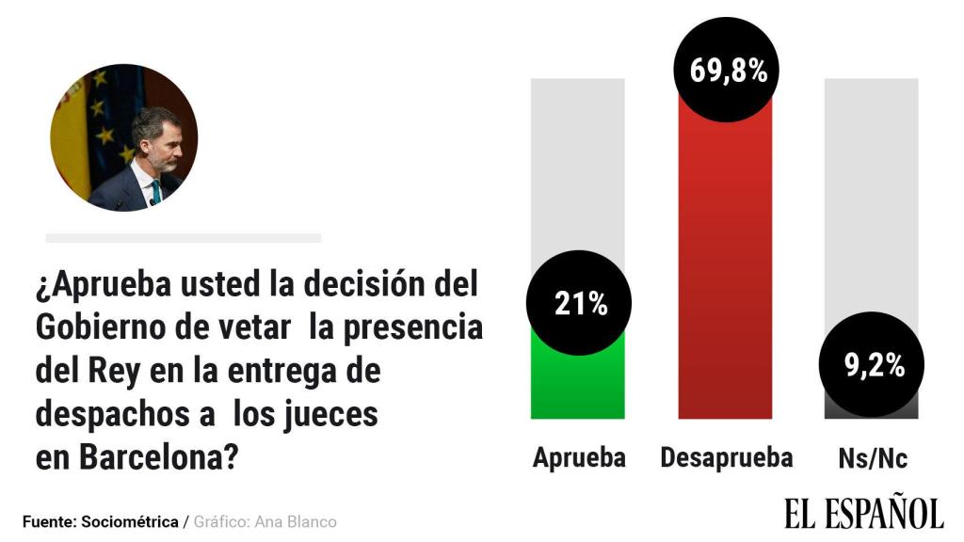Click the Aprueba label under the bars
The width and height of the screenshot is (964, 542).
click(x=579, y=458)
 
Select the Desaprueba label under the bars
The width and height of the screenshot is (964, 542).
click(x=726, y=458)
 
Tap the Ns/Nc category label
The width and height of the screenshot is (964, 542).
click(x=873, y=459)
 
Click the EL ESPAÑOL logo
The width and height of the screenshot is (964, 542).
click(x=862, y=512)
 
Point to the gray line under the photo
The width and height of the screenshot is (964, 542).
click(x=184, y=238)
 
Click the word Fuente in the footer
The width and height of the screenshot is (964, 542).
click(x=49, y=521)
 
